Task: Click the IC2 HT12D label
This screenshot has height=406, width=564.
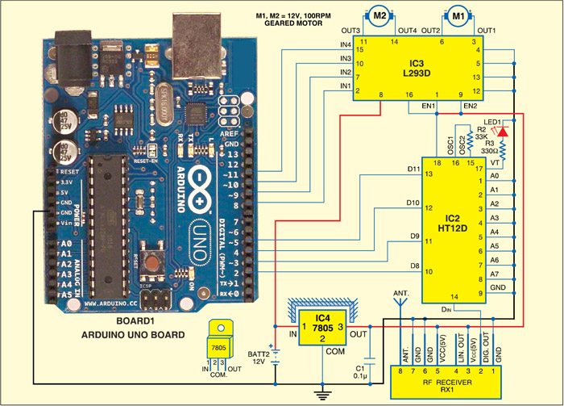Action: click(x=451, y=223)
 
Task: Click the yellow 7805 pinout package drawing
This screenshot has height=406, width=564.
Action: click(x=219, y=345)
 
